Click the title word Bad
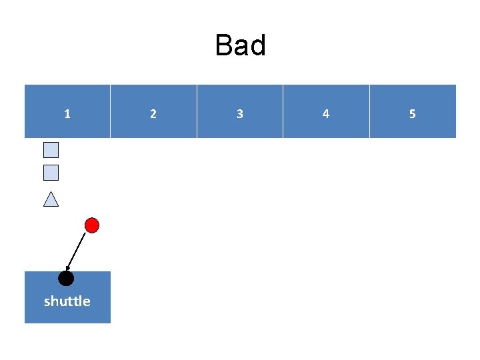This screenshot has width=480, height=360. coord(240,46)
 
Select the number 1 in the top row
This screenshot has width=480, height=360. coord(67,114)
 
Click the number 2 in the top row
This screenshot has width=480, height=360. coord(153,114)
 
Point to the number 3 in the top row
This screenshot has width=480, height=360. coord(240,114)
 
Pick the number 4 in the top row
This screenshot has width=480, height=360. coord(326,114)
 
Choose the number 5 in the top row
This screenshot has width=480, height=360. coord(412,114)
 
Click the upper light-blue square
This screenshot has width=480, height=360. coord(51,150)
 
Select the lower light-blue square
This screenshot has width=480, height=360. coord(51,173)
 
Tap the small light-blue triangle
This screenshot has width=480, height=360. coord(51,199)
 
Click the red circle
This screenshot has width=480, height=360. coord(93,225)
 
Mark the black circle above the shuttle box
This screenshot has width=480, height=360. coord(66,278)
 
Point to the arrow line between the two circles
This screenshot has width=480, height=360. coord(79,249)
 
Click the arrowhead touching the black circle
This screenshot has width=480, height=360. coord(69,269)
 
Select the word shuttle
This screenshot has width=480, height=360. coord(67,301)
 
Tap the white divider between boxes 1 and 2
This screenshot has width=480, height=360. coord(110,111)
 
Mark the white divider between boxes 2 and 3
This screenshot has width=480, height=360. coord(197,111)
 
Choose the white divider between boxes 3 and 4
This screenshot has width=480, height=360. coord(283,111)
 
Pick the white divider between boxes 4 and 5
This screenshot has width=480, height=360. coord(369,111)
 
